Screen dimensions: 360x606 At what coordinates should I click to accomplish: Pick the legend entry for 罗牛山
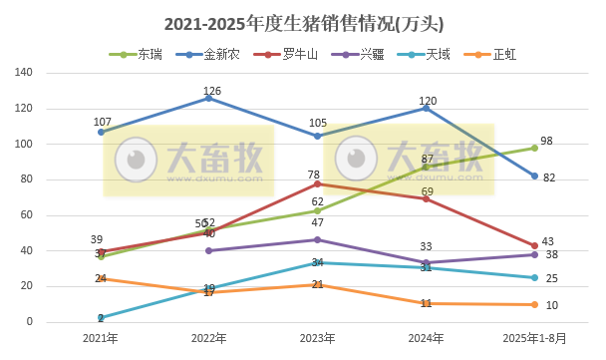click(286, 54)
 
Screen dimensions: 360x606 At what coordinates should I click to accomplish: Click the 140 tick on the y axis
click(25, 73)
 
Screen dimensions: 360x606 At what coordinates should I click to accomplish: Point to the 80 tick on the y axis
click(28, 180)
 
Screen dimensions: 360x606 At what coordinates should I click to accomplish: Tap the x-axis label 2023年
click(317, 339)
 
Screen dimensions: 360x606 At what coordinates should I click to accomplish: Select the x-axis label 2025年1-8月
click(534, 339)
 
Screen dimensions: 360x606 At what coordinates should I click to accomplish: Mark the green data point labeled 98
click(535, 148)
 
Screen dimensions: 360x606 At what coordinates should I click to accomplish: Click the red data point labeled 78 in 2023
click(318, 183)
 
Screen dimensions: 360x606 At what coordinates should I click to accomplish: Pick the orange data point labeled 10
click(535, 304)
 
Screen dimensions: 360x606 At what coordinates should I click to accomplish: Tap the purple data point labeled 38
click(535, 254)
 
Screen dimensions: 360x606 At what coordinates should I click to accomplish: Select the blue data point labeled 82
click(535, 177)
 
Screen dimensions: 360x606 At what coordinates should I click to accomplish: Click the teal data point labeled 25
click(535, 277)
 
